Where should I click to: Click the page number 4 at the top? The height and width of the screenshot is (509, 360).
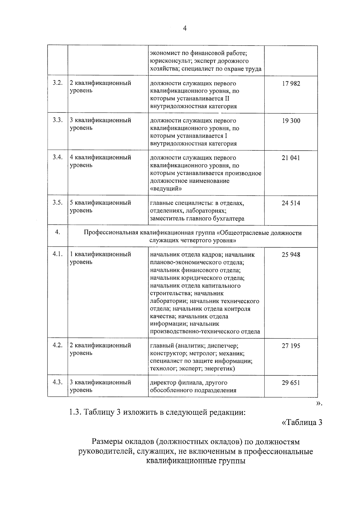click(184, 28)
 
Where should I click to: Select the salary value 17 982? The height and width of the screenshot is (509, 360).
click(291, 83)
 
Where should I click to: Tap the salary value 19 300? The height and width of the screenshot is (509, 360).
click(291, 121)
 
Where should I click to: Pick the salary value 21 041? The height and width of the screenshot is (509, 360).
click(291, 158)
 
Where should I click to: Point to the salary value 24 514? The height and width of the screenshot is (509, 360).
click(291, 203)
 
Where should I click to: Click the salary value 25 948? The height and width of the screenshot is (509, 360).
click(291, 255)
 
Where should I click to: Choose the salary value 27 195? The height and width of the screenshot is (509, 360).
click(291, 346)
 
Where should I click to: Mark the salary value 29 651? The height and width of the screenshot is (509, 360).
click(291, 383)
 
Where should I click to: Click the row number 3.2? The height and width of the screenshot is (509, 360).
click(58, 83)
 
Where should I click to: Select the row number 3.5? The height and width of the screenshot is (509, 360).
click(58, 203)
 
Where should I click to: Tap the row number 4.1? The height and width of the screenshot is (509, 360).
click(58, 254)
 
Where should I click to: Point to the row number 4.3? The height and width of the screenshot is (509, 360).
click(58, 382)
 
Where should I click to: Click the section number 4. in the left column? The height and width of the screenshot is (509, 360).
click(58, 232)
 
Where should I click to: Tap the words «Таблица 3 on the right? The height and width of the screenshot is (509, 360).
click(302, 423)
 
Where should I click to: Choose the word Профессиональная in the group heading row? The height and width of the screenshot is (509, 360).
click(110, 233)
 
